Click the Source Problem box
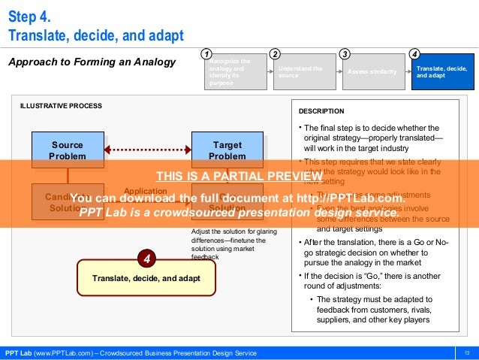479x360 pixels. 67,150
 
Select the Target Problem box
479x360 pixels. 227,150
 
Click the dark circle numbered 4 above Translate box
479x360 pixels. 148,260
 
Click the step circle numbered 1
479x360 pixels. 205,54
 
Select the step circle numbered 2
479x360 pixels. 275,54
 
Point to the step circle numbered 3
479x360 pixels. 344,54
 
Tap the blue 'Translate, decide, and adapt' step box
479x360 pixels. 442,73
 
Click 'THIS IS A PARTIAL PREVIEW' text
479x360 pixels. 239,177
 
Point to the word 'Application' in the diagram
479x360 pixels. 140,191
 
